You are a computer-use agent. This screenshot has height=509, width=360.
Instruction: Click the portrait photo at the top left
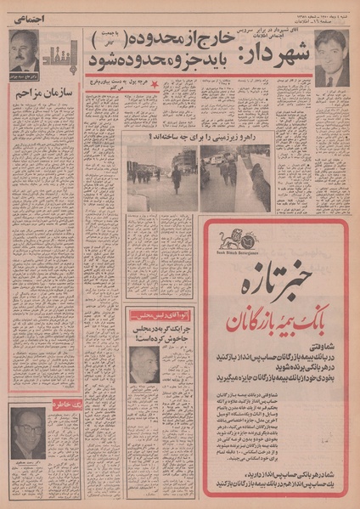click(25, 52)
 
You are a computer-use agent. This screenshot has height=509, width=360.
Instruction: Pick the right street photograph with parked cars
click(235, 178)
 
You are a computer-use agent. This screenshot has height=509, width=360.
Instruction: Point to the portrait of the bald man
click(143, 365)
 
